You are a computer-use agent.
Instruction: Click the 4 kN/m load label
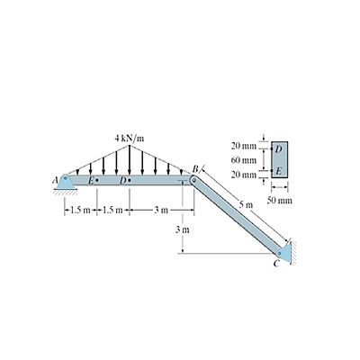[130, 139]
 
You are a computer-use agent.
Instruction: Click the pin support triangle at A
[66, 182]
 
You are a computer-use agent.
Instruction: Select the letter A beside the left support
[54, 181]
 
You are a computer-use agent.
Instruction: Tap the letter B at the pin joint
[194, 170]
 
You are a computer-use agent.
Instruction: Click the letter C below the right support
[276, 264]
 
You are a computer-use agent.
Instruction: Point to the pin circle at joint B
[193, 181]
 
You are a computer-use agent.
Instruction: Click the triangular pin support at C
[283, 253]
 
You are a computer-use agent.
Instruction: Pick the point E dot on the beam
[97, 181]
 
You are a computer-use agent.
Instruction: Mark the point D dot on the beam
[130, 181]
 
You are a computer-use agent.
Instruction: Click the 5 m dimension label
[247, 205]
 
